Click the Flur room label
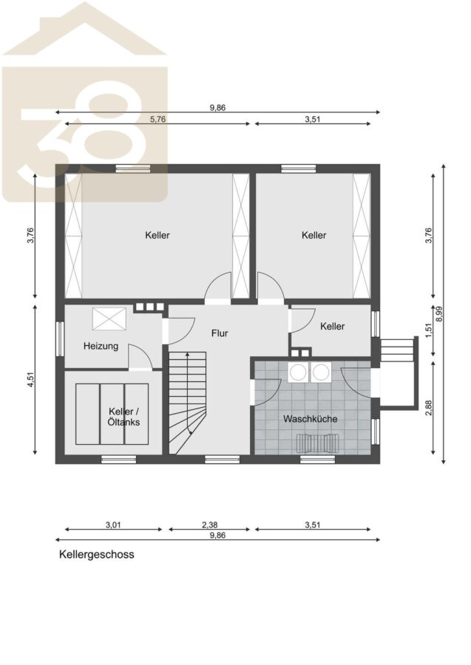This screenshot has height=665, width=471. [x=220, y=333]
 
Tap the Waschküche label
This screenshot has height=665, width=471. [x=311, y=419]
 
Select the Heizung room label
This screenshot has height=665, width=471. [x=101, y=346]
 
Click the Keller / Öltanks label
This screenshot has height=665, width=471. [x=124, y=417]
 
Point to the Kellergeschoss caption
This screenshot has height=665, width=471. [x=96, y=554]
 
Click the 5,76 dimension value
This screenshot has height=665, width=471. [x=157, y=119]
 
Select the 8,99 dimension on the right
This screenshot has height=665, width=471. [x=438, y=314]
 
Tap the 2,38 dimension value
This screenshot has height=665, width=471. [x=209, y=525]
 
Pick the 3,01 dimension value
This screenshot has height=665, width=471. [x=113, y=525]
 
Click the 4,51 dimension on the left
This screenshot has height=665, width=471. [x=30, y=379]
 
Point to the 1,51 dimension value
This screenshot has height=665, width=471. [x=428, y=331]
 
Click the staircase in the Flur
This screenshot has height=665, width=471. [x=188, y=403]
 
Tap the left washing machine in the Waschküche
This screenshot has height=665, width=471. [x=298, y=372]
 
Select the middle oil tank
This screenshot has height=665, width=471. [x=112, y=414]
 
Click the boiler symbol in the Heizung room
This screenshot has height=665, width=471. [x=109, y=318]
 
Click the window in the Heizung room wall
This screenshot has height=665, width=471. [x=60, y=339]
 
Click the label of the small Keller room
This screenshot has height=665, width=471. [x=332, y=327]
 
